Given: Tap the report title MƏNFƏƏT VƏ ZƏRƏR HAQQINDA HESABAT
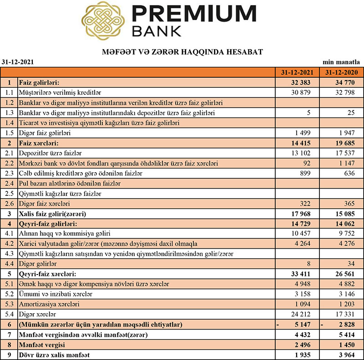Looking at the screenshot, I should [182, 52].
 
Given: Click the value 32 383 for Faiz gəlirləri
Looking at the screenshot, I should [302, 83].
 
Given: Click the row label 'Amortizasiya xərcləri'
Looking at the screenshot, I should [47, 303].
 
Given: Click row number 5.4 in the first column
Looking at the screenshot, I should [9, 314].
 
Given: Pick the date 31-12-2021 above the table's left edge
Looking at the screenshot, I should [18, 61].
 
